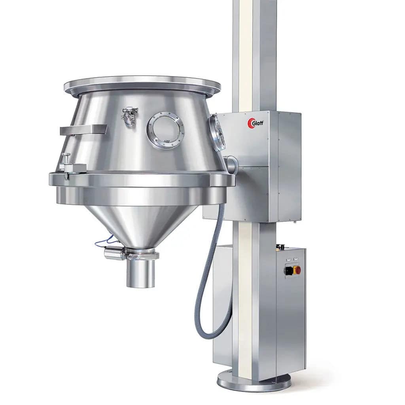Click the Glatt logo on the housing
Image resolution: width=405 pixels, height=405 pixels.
pos(255,123)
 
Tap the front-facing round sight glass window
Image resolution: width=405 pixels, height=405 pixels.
pos(165,130)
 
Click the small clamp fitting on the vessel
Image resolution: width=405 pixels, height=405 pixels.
pos(130,115)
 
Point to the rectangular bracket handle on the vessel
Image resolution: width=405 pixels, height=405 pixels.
pos(83,130)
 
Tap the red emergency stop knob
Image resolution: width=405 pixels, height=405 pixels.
pos(297,270)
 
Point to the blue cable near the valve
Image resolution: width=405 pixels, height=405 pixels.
pos(104,241)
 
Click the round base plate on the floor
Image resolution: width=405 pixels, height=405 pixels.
pos(254,382)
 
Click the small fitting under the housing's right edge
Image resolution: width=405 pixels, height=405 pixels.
pos(295,223)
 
